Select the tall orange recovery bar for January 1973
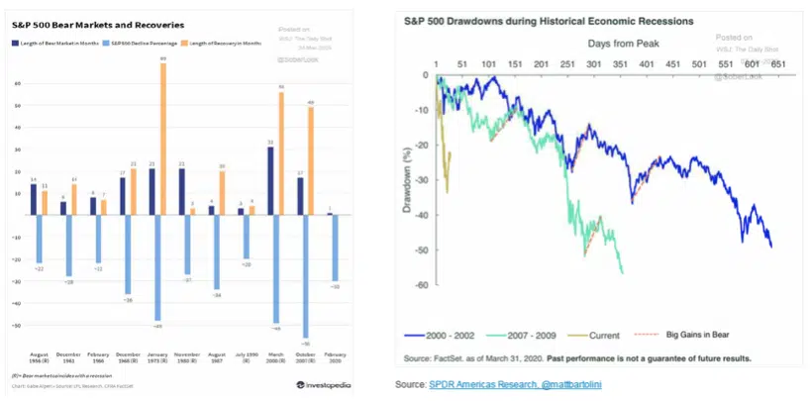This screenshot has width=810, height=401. pos(163,138)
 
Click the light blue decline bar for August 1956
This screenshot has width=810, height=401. pos(40,238)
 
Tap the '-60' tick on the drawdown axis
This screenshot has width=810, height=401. pos(423,285)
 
